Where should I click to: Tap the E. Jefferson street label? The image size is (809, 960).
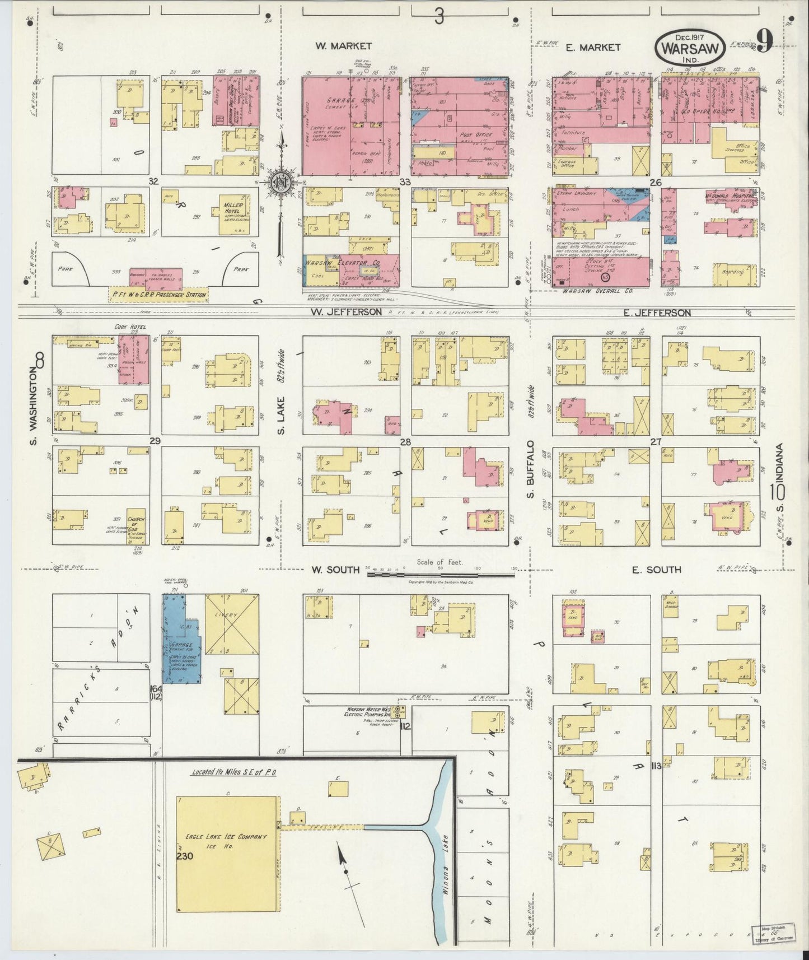click(660, 313)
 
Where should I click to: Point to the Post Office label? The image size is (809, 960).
click(475, 134)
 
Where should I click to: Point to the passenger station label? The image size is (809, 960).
click(158, 295)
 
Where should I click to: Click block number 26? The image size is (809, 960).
click(655, 183)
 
